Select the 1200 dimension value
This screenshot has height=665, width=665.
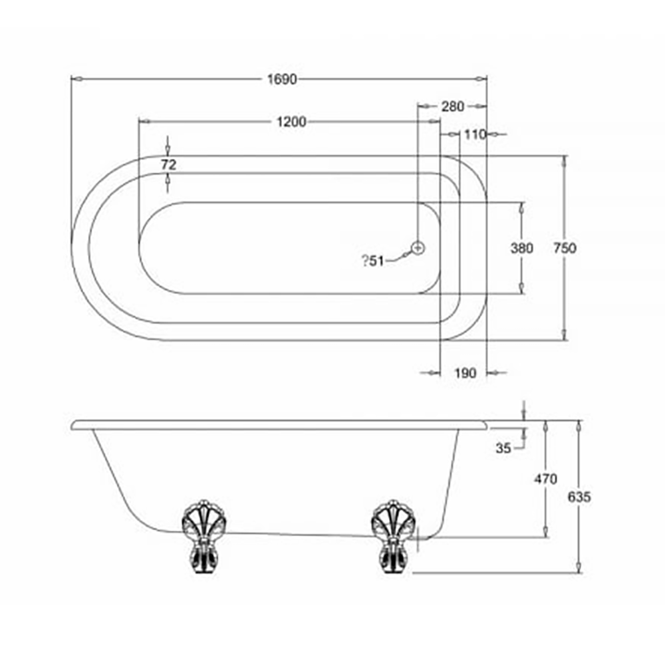pyautogui.click(x=291, y=121)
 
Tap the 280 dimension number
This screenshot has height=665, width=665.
pyautogui.click(x=452, y=106)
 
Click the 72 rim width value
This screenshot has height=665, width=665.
pyautogui.click(x=168, y=164)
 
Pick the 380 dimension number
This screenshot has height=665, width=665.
pyautogui.click(x=521, y=248)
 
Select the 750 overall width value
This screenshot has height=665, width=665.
pyautogui.click(x=565, y=248)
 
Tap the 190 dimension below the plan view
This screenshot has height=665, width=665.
pyautogui.click(x=465, y=373)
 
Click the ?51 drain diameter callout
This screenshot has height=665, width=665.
pyautogui.click(x=373, y=261)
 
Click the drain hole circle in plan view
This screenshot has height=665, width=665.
pyautogui.click(x=418, y=247)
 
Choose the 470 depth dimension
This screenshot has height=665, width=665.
pyautogui.click(x=545, y=479)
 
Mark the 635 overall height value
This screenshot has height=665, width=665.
pyautogui.click(x=580, y=496)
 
